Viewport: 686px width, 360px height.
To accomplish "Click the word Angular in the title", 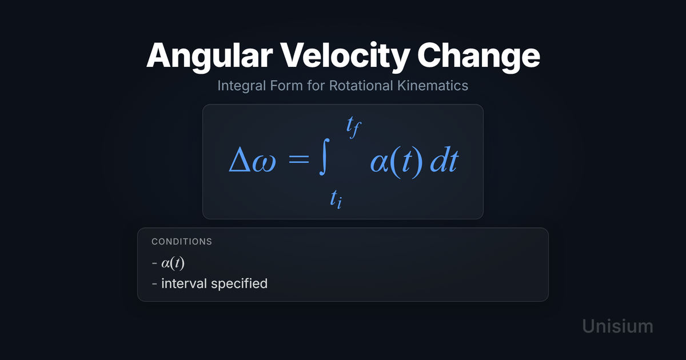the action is [x=210, y=57].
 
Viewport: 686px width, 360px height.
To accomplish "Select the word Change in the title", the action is [x=478, y=57].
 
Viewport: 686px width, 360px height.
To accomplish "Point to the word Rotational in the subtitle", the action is [x=361, y=85].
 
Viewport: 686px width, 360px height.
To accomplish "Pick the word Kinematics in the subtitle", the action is [x=433, y=85].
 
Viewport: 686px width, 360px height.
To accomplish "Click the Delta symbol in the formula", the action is [x=240, y=159].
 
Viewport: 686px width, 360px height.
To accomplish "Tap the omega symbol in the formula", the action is [x=264, y=162].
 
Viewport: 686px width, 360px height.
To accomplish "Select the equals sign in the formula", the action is [x=298, y=159].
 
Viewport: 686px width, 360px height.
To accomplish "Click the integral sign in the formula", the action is [x=325, y=157].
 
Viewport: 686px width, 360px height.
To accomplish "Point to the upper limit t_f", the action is [x=354, y=127].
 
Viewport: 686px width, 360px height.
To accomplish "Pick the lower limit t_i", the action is [x=336, y=199].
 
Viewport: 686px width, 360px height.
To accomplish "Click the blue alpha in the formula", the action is [x=380, y=162].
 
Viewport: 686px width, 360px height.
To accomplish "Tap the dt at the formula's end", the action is [x=444, y=160].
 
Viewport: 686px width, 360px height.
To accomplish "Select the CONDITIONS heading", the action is [x=182, y=242].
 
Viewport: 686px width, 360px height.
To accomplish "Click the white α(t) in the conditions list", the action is [x=173, y=263].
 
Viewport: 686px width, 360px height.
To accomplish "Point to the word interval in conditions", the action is [x=184, y=283].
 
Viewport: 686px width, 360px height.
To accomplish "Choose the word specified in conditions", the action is [x=239, y=284].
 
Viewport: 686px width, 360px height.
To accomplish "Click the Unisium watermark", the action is [x=618, y=326].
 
